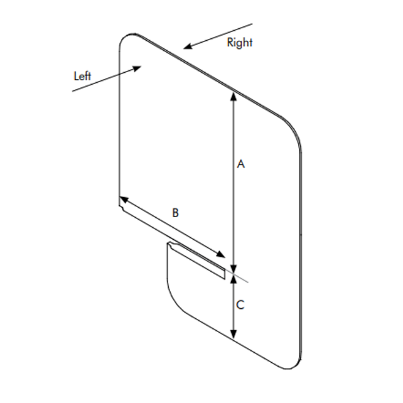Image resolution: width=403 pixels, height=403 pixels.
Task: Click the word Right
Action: pyautogui.click(x=240, y=43)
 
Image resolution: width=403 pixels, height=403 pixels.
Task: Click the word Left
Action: pyautogui.click(x=82, y=76)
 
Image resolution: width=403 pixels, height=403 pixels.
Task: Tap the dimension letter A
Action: pyautogui.click(x=240, y=164)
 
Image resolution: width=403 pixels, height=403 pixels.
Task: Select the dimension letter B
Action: pyautogui.click(x=176, y=213)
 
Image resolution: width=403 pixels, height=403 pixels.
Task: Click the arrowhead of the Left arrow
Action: pyautogui.click(x=137, y=69)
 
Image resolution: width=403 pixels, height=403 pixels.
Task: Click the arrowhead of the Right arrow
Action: pyautogui.click(x=188, y=46)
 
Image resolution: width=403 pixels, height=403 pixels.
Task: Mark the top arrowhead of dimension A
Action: pyautogui.click(x=234, y=95)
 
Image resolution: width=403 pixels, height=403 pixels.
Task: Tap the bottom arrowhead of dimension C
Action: pyautogui.click(x=234, y=336)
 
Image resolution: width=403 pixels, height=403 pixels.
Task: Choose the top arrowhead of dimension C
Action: pyautogui.click(x=234, y=278)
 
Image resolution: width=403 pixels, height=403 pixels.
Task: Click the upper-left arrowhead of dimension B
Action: pyautogui.click(x=123, y=200)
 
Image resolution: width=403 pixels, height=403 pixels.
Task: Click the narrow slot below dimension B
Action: pyautogui.click(x=197, y=261)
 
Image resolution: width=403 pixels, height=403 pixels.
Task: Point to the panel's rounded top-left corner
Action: pyautogui.click(x=126, y=39)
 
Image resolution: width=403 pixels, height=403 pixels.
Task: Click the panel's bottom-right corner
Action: pyautogui.click(x=298, y=366)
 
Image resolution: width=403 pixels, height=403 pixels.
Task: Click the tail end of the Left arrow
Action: pyautogui.click(x=73, y=92)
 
